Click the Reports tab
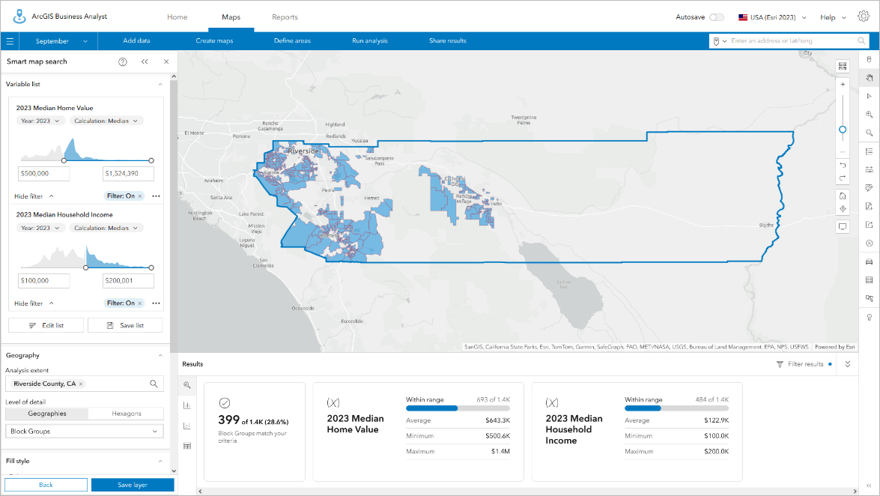[285, 17]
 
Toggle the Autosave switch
[716, 17]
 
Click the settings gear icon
[864, 16]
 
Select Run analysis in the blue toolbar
[369, 40]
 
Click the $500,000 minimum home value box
[43, 174]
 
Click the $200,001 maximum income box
[128, 280]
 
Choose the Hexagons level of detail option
[126, 414]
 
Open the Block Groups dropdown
[84, 432]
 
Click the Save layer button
[133, 485]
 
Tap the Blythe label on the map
[766, 225]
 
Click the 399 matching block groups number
[228, 421]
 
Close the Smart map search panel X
[166, 61]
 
